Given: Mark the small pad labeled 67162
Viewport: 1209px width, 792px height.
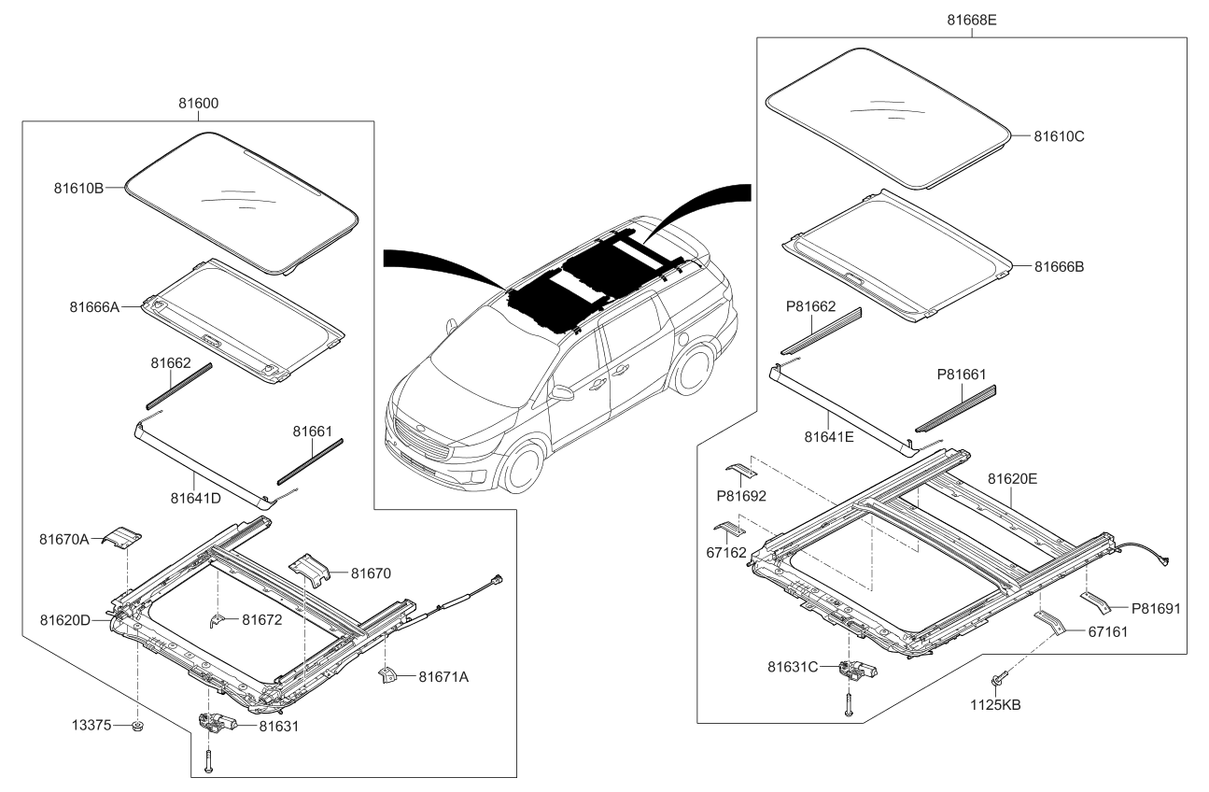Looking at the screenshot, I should [727, 530].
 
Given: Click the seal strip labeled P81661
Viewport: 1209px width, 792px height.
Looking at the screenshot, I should [955, 408].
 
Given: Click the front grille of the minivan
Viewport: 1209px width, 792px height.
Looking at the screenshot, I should [430, 444].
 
